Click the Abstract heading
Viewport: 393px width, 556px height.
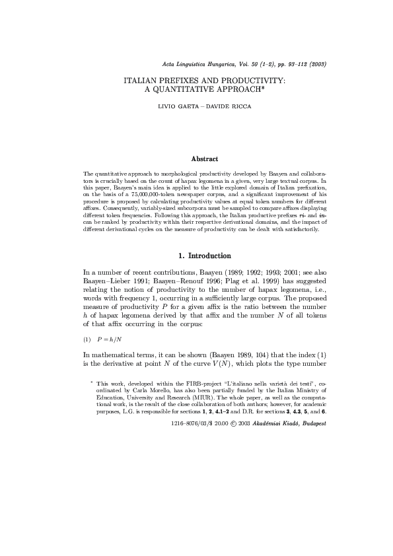click(x=205, y=158)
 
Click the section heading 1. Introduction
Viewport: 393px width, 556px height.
click(x=205, y=255)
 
